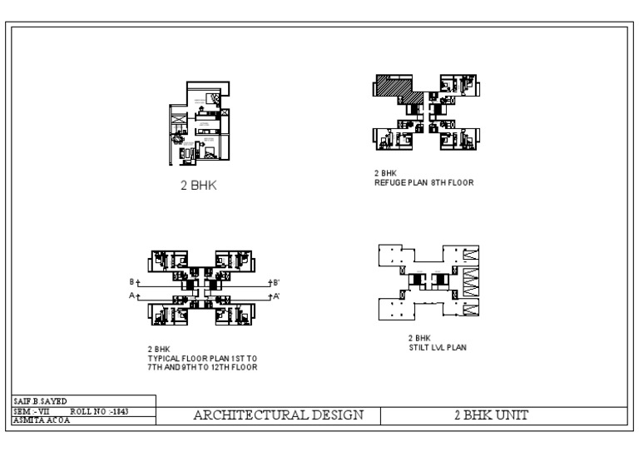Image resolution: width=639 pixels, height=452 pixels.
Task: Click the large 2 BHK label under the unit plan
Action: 199,185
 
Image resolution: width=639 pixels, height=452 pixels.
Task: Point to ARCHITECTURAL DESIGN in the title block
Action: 279,415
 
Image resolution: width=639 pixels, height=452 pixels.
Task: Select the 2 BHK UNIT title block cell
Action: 491,415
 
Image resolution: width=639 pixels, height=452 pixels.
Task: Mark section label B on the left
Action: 131,282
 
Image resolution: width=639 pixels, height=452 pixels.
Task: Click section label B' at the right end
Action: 276,282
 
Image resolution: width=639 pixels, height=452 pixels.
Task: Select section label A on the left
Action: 131,296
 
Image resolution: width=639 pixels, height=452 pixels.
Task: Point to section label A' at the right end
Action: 276,296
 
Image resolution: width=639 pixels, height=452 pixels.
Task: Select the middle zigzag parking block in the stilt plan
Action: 470,278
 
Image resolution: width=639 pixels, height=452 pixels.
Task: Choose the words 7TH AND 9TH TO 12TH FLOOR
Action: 202,366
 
